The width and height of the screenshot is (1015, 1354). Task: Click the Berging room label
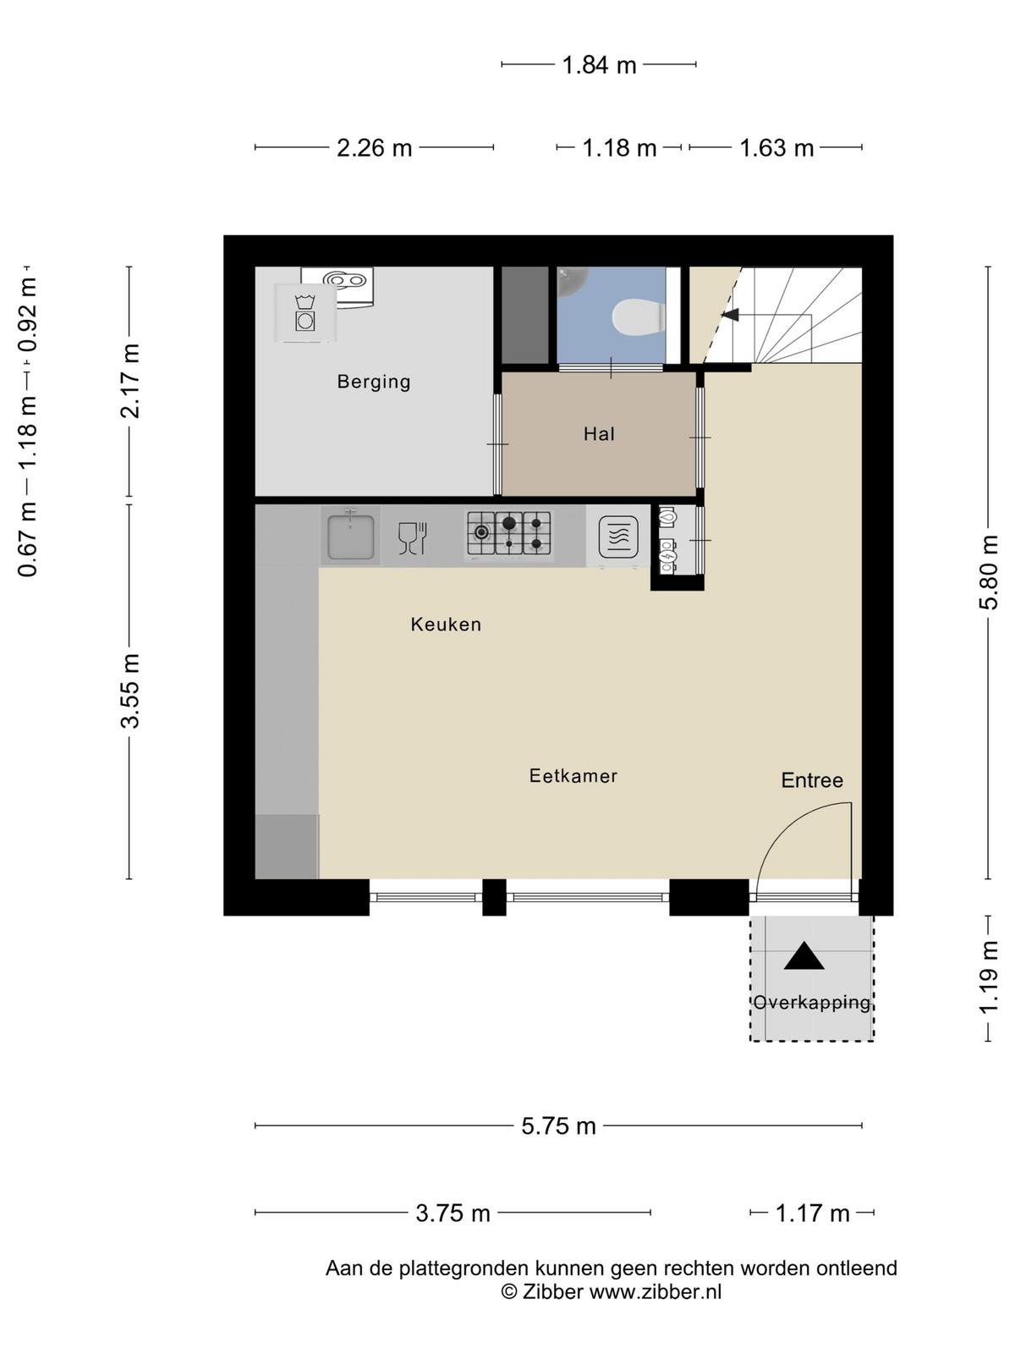[374, 382]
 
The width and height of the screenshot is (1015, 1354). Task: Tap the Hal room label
[599, 434]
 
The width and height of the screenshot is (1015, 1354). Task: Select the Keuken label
[446, 625]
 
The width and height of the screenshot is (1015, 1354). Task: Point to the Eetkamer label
[573, 775]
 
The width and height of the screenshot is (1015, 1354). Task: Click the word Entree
[812, 780]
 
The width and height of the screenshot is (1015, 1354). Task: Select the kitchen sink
[350, 536]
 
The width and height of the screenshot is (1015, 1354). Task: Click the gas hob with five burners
[509, 533]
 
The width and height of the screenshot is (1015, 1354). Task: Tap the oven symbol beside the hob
[618, 536]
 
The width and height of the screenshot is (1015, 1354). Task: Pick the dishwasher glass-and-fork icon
[413, 538]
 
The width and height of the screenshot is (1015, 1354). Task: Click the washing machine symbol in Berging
[304, 313]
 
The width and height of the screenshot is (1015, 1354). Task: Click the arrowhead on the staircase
[730, 315]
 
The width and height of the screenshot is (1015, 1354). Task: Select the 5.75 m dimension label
[558, 1126]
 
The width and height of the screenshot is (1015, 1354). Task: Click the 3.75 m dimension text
[453, 1214]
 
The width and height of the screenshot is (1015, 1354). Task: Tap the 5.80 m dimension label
[989, 572]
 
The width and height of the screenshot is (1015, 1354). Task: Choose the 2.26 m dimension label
[374, 148]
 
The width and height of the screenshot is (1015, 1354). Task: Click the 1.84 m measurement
[599, 65]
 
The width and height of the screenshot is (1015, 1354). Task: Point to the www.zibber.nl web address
[656, 1291]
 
